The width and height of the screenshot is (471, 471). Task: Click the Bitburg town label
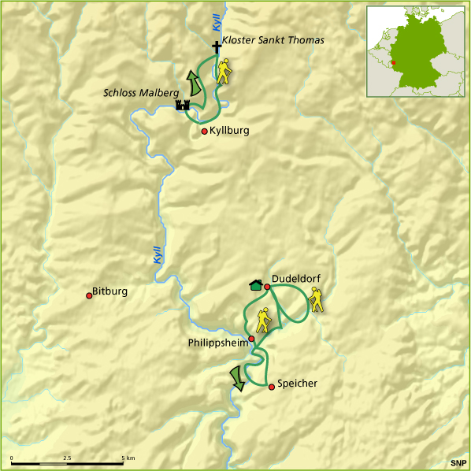pos(109,291)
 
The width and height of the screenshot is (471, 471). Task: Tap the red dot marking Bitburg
pos(89,296)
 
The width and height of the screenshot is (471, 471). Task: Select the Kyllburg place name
pos(230,131)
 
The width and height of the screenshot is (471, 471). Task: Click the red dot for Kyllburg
pos(205,132)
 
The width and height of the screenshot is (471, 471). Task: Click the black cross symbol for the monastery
pos(217,48)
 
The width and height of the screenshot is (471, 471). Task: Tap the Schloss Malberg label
pos(138,93)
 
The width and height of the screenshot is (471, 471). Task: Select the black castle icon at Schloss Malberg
pos(184,105)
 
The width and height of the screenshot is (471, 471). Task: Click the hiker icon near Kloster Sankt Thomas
pos(224,72)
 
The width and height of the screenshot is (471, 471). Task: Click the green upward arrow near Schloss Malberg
pos(191,82)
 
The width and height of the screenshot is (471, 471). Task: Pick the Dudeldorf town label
pos(296,279)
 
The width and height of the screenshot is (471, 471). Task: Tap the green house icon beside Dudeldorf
pos(255,285)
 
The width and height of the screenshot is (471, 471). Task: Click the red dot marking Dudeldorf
pos(267,287)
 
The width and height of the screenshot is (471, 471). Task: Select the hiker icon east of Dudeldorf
pos(317,299)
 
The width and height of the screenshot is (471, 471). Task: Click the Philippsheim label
pos(217,343)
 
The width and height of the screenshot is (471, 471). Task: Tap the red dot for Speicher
pos(272,387)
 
